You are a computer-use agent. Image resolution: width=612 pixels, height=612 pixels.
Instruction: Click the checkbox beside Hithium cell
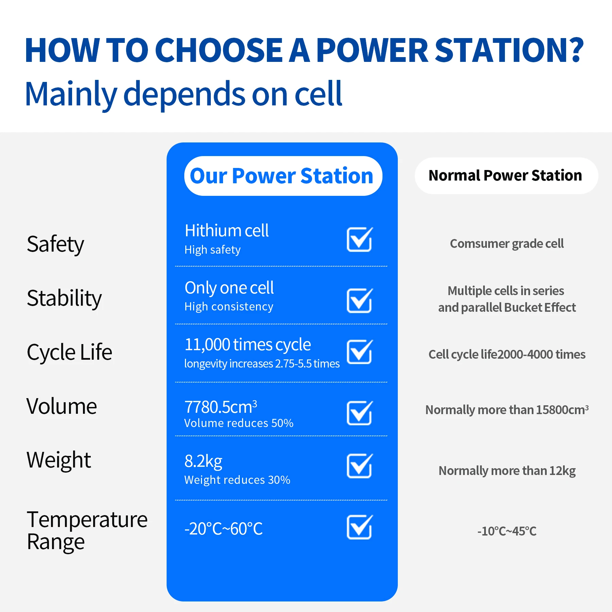[x=360, y=239]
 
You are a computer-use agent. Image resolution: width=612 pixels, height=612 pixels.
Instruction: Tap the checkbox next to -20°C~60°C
[x=360, y=527]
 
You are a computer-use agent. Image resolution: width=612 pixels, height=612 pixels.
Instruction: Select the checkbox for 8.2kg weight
[x=360, y=466]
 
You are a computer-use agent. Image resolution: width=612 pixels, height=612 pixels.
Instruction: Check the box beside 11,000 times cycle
[x=360, y=352]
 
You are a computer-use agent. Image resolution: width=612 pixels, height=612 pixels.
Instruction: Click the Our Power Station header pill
[x=283, y=176]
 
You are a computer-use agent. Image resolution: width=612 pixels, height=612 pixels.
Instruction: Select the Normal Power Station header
[x=506, y=176]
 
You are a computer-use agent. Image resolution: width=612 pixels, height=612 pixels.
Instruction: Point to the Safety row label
[x=55, y=244]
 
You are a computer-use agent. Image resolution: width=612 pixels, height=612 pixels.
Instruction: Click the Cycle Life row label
[x=69, y=352]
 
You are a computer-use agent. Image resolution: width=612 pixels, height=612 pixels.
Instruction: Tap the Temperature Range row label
[x=87, y=530]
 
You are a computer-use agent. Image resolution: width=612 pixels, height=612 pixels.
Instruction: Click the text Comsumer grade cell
[x=507, y=244]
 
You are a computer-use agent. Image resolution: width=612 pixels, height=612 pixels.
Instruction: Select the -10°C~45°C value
[x=507, y=531]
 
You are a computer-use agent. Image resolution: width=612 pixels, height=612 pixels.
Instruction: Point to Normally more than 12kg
[x=507, y=471]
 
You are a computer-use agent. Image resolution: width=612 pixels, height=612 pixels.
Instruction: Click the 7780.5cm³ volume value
[x=221, y=407]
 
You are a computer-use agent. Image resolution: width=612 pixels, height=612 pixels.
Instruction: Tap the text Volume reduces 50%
[x=239, y=423]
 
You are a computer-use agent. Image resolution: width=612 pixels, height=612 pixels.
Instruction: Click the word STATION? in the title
[x=509, y=50]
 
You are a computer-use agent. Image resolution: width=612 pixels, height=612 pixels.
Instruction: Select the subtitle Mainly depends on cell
[x=184, y=94]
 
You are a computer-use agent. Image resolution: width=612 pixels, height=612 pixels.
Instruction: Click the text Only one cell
[x=229, y=288]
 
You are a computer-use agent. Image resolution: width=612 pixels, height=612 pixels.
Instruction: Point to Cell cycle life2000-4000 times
[x=507, y=355]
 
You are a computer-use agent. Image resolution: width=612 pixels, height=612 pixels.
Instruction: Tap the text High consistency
[x=229, y=307]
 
